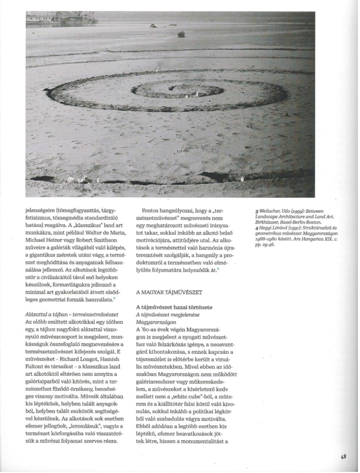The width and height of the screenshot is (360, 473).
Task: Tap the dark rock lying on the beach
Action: [181, 34]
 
